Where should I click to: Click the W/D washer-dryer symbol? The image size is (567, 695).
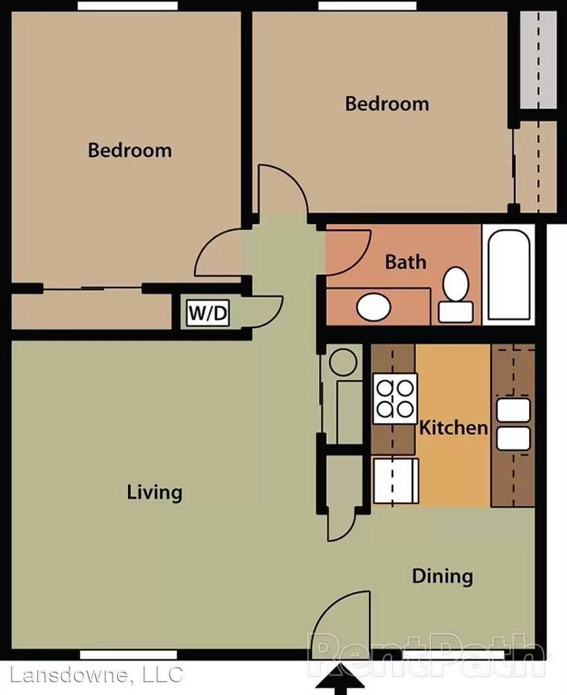pos(207,313)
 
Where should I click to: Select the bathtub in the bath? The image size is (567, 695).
pos(508,274)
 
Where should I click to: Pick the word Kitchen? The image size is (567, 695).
pos(453,427)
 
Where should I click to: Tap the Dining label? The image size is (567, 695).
pos(442,576)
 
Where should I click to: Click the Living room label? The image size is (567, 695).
pos(154,492)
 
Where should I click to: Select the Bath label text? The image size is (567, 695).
pos(405,262)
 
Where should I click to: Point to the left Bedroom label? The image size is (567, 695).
pos(130,150)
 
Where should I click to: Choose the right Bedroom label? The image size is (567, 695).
pos(387,104)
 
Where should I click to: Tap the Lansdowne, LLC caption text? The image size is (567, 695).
pos(96,674)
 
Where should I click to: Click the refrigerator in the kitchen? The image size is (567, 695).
pos(396,481)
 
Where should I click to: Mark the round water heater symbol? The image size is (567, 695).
pos(342,362)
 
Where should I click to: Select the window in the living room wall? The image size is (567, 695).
pos(128,654)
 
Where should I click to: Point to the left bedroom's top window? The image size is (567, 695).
pos(127,6)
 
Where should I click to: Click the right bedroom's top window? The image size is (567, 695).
pos(367,6)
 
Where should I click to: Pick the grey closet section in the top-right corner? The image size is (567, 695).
pos(538,60)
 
